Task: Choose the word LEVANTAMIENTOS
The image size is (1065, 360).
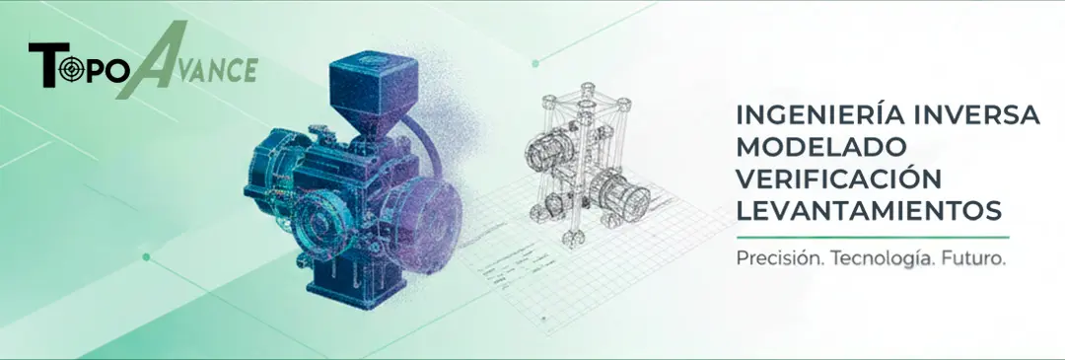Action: [869, 210]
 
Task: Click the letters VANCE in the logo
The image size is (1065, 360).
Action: [216, 71]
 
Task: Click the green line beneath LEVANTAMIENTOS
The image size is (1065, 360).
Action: [872, 238]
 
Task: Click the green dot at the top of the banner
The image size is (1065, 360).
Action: [535, 63]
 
